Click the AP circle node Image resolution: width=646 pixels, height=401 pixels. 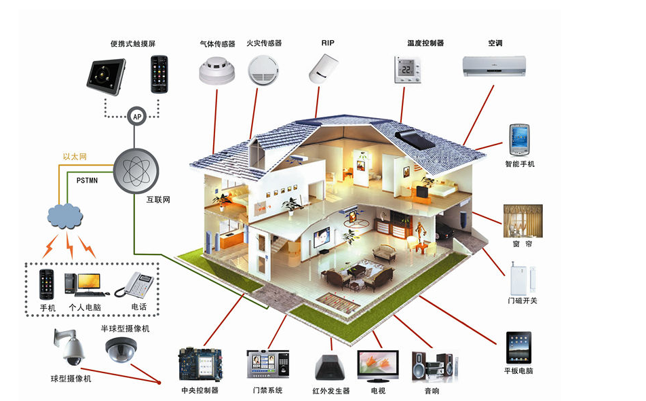tap(137, 117)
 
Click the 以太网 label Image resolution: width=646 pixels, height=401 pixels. tap(75, 157)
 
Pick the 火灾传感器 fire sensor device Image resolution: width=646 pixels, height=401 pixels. tap(262, 69)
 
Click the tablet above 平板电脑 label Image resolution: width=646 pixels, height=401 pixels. tap(518, 347)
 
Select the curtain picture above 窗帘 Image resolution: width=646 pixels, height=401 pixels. tap(522, 220)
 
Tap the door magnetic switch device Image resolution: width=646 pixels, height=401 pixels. tap(520, 278)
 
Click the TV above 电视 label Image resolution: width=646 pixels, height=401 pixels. tap(377, 366)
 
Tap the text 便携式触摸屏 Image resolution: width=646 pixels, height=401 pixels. tap(133, 44)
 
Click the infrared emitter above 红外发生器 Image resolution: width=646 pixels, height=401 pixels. tap(330, 368)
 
